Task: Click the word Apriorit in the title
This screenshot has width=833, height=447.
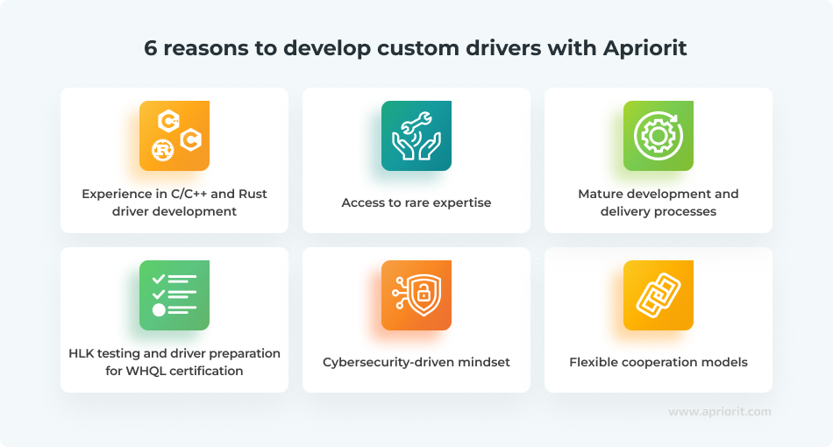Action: pos(644,49)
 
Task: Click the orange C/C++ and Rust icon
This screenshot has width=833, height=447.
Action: pos(174,136)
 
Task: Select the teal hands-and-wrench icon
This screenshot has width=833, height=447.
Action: pos(416,136)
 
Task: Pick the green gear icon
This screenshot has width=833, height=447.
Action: pos(659,136)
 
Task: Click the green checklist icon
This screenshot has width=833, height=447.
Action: pos(174,295)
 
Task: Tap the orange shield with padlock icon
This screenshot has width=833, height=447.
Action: pos(416,295)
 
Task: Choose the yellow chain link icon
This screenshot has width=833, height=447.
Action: pos(659,295)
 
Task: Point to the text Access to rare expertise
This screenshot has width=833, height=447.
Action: pos(416,202)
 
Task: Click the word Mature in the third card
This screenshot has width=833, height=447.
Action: pos(602,194)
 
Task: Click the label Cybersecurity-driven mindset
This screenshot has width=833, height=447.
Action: pos(416,362)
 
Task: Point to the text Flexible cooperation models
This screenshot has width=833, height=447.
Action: pos(659,362)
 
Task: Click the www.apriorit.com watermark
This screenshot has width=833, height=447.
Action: pos(719,411)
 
